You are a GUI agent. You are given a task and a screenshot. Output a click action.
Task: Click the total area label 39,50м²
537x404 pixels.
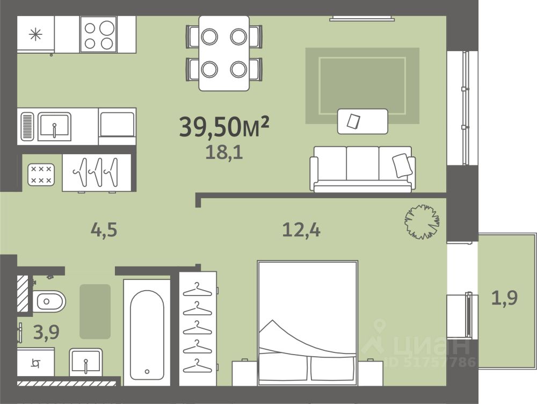point(224,126)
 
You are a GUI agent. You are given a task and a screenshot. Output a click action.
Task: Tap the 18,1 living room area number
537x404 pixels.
point(224,152)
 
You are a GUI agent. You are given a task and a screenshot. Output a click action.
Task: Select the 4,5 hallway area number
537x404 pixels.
point(104,229)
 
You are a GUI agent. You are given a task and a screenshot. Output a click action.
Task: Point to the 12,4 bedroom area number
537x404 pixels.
point(301,229)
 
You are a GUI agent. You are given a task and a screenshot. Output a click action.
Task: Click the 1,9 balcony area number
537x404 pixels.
point(504,298)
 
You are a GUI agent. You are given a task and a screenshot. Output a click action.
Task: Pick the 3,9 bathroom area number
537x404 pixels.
point(46,331)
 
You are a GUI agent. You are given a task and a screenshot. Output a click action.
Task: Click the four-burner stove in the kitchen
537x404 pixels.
point(99,34)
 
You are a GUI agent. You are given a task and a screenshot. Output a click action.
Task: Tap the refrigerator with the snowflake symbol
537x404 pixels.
point(35,34)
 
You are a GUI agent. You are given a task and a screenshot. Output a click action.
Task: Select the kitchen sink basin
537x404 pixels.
point(54,126)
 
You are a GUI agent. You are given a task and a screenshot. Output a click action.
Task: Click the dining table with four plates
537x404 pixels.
point(224,53)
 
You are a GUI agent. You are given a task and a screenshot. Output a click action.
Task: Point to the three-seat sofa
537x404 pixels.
point(362,169)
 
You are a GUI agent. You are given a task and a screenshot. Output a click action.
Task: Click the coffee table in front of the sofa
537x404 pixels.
point(362,121)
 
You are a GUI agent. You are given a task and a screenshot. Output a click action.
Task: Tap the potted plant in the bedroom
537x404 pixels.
point(422,222)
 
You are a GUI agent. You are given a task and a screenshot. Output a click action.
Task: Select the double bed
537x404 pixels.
point(308,323)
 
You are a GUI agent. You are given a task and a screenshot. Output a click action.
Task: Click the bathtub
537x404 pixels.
point(147,333)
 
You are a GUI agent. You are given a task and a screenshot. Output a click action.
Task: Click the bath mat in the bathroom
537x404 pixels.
point(95,312)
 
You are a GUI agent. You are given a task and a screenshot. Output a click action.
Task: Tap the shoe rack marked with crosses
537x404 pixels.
point(41,175)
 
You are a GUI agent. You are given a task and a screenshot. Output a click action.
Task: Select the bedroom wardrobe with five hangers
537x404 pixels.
point(198,329)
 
